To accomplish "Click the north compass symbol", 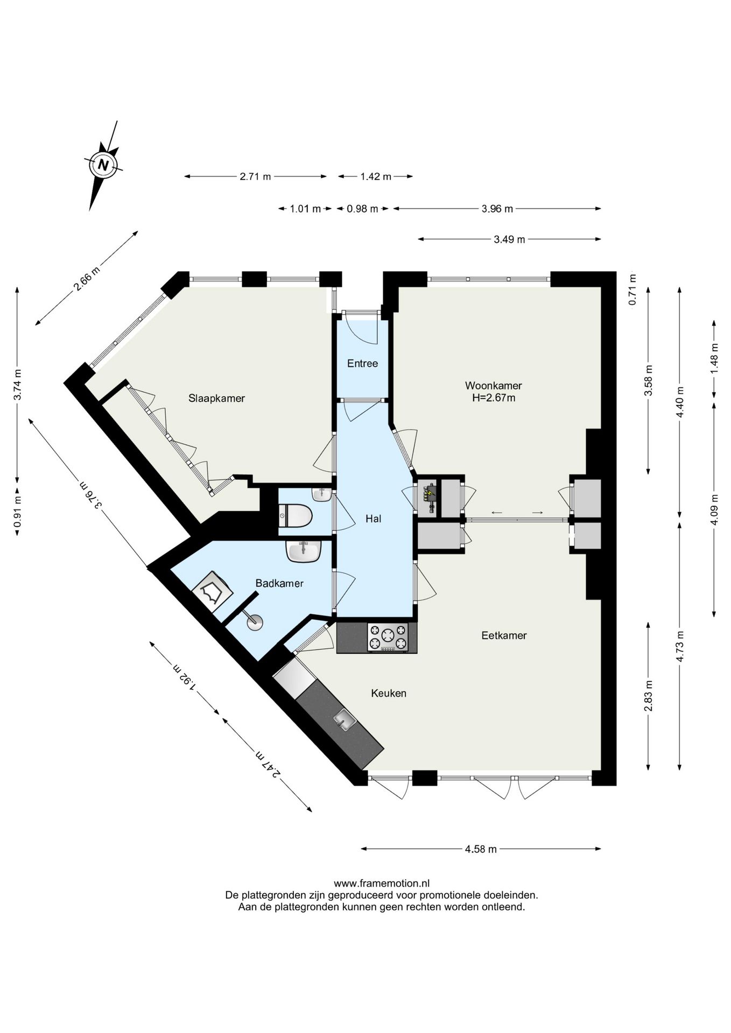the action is (104, 165).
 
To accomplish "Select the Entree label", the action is (362, 364).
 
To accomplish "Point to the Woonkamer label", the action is (493, 386).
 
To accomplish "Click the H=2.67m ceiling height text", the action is (494, 398).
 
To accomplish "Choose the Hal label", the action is (373, 519).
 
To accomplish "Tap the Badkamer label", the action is (279, 583).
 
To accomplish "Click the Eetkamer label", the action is (504, 635).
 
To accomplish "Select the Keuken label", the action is (389, 694).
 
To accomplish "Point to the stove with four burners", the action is (388, 638).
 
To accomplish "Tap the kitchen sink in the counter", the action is (344, 718).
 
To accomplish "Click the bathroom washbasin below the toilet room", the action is (304, 551).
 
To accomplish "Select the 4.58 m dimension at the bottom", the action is (481, 849).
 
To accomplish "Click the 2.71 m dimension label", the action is (255, 176).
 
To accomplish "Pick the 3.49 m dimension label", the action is (509, 239).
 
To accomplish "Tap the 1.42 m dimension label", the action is (376, 176).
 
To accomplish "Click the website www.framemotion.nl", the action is (382, 883).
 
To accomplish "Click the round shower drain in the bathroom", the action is (255, 622).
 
